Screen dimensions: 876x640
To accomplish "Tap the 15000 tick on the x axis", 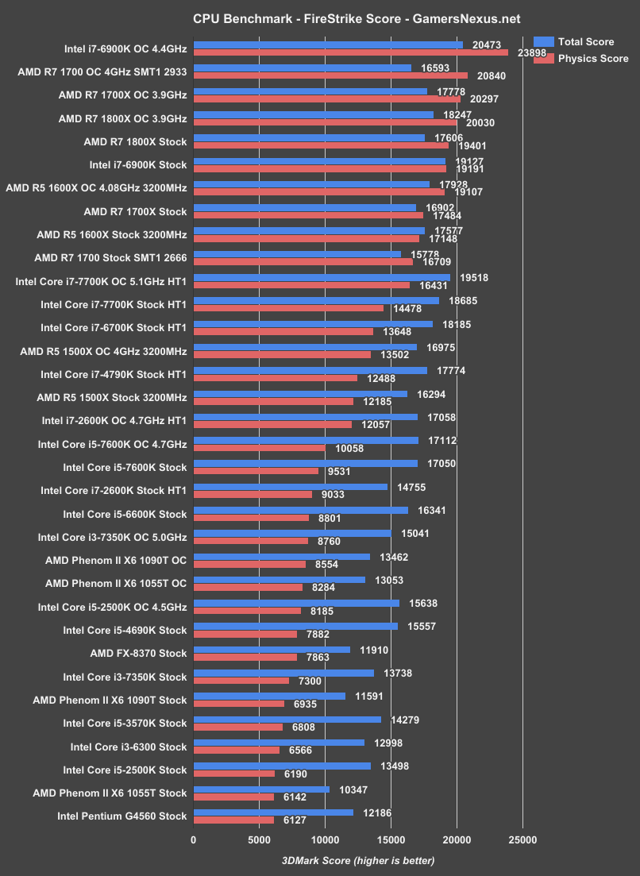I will (390, 840).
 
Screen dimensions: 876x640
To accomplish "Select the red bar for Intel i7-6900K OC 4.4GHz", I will (350, 53).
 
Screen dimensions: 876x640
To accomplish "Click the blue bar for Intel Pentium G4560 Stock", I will (273, 812).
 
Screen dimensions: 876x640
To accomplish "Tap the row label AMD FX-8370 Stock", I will (139, 654).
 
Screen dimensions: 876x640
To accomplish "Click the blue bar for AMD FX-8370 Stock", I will (272, 649).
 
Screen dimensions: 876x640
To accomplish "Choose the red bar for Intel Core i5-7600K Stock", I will (256, 471).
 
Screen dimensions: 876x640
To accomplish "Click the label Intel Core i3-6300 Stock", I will (129, 747).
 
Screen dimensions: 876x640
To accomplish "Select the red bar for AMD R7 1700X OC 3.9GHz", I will (326, 99).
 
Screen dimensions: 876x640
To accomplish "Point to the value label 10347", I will (354, 789).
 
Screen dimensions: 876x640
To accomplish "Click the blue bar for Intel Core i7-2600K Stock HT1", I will (291, 486).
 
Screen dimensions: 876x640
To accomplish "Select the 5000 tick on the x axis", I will (259, 840).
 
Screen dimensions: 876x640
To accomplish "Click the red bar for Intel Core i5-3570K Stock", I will (237, 727).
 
